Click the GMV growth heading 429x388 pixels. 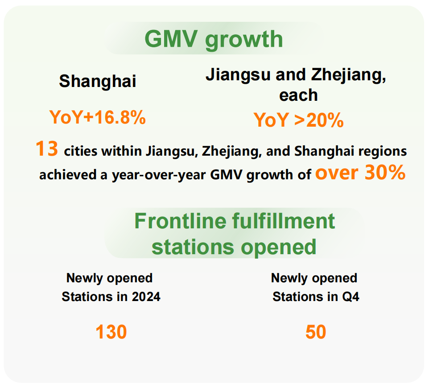[214, 39]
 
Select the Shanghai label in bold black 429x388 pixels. [98, 81]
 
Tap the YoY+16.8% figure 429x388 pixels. [98, 118]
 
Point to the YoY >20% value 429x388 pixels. [298, 120]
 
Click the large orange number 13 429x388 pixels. [47, 149]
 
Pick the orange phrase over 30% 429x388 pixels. [360, 173]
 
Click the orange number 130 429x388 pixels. [111, 332]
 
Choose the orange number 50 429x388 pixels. [316, 332]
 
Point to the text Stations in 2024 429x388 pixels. [111, 297]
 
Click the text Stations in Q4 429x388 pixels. [316, 297]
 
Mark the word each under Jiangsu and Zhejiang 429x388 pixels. [298, 95]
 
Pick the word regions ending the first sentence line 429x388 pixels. [384, 152]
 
